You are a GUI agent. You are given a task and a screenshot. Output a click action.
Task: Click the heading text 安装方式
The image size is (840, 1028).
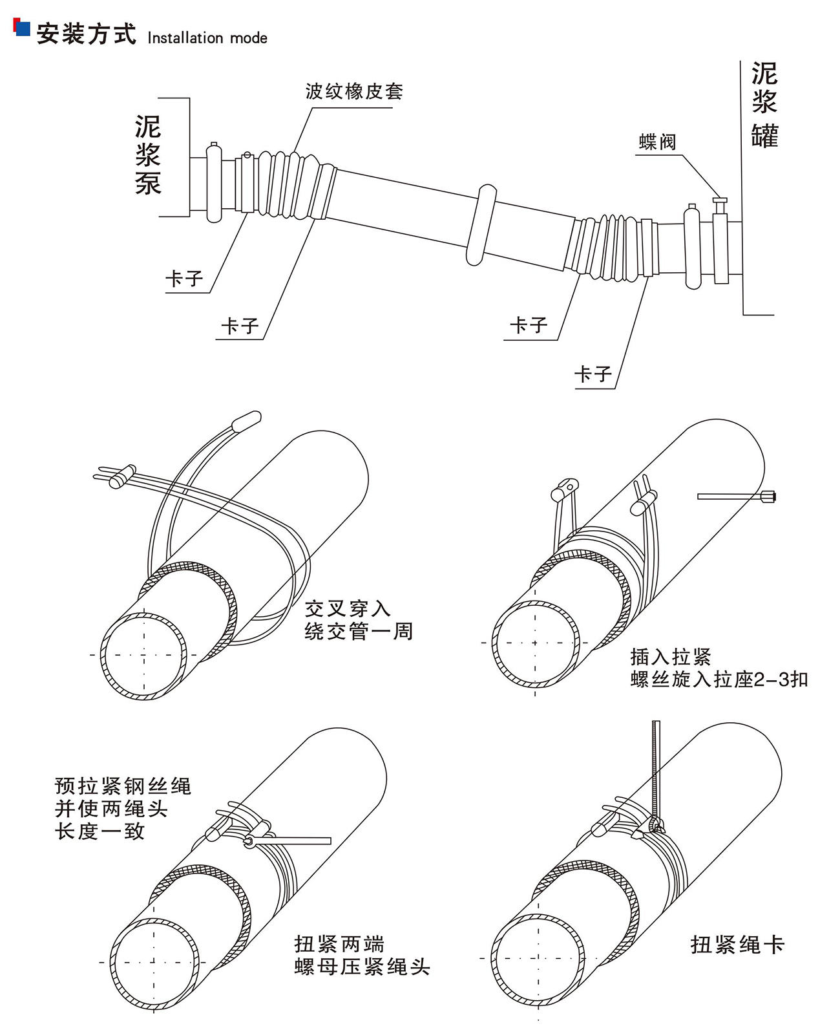point(86,34)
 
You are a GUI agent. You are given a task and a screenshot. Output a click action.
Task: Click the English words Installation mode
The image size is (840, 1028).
point(207,38)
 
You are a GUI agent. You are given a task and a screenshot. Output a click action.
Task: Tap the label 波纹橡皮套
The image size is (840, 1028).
point(354,91)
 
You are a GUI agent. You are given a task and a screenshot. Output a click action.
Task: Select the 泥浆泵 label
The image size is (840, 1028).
point(148,155)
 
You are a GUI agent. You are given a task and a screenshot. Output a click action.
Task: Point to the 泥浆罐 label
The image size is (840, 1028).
point(764,105)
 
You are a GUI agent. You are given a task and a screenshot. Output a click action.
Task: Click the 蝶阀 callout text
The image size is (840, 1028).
point(658,142)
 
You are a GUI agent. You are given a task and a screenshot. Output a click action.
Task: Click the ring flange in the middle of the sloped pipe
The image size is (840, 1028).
point(481,224)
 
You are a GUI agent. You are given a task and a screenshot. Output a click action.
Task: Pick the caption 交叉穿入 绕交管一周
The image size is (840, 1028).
point(358,619)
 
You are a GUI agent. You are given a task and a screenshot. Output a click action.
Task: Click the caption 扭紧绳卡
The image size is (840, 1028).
point(737,945)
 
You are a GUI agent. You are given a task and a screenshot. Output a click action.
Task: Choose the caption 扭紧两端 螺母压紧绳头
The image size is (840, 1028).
point(362,955)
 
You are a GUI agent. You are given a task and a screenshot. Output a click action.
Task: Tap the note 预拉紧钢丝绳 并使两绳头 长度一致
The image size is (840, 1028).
point(123,808)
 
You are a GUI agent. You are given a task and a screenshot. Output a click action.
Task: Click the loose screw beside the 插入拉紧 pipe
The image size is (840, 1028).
point(737,497)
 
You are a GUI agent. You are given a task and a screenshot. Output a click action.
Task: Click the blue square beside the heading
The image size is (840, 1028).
point(23,29)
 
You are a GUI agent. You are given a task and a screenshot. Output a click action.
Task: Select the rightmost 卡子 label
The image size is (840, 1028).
point(593,374)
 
